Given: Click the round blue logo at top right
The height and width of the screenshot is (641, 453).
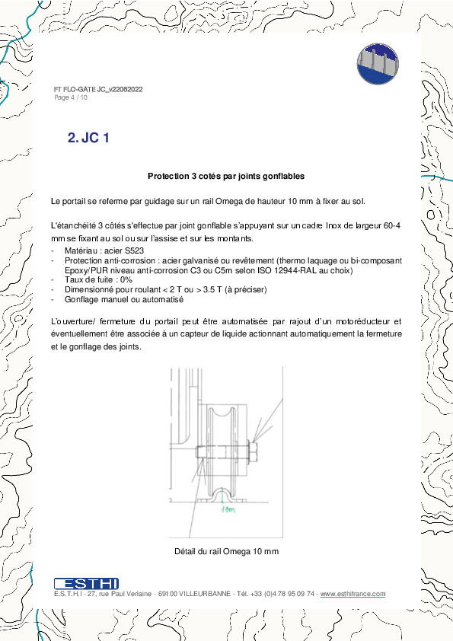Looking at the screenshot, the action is pyautogui.click(x=378, y=63).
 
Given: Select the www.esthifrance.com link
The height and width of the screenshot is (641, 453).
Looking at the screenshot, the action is pyautogui.click(x=353, y=594).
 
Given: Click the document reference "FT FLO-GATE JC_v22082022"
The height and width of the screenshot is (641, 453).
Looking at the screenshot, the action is pyautogui.click(x=98, y=90).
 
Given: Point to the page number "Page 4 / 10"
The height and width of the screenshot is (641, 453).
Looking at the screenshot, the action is pyautogui.click(x=71, y=97).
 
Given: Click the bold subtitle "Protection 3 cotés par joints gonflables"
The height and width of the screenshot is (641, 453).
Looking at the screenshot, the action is pyautogui.click(x=226, y=177).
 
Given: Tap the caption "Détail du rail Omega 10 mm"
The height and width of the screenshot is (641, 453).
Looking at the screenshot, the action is pyautogui.click(x=226, y=551).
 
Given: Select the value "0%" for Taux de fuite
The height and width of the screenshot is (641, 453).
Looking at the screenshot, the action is pyautogui.click(x=113, y=280).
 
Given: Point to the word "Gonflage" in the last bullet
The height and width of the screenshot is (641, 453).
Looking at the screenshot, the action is pyautogui.click(x=74, y=299).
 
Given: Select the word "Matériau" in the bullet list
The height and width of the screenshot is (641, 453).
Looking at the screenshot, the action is pyautogui.click(x=73, y=250).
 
